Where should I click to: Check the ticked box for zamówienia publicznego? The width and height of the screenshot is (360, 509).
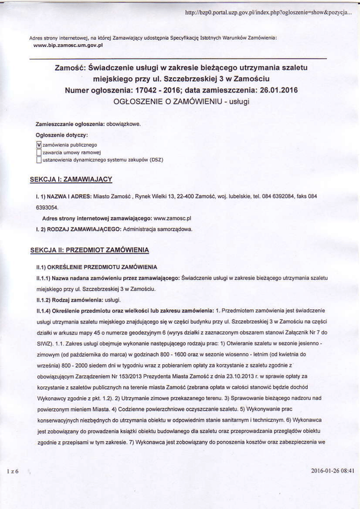pyautogui.click(x=39, y=145)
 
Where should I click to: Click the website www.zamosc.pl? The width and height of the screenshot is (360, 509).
pyautogui.click(x=173, y=218)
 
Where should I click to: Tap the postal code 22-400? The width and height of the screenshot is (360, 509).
pyautogui.click(x=189, y=196)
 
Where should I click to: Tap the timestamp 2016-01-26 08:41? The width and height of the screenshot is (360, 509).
pyautogui.click(x=333, y=470)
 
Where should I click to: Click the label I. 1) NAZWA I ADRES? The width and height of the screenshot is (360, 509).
pyautogui.click(x=64, y=196)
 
